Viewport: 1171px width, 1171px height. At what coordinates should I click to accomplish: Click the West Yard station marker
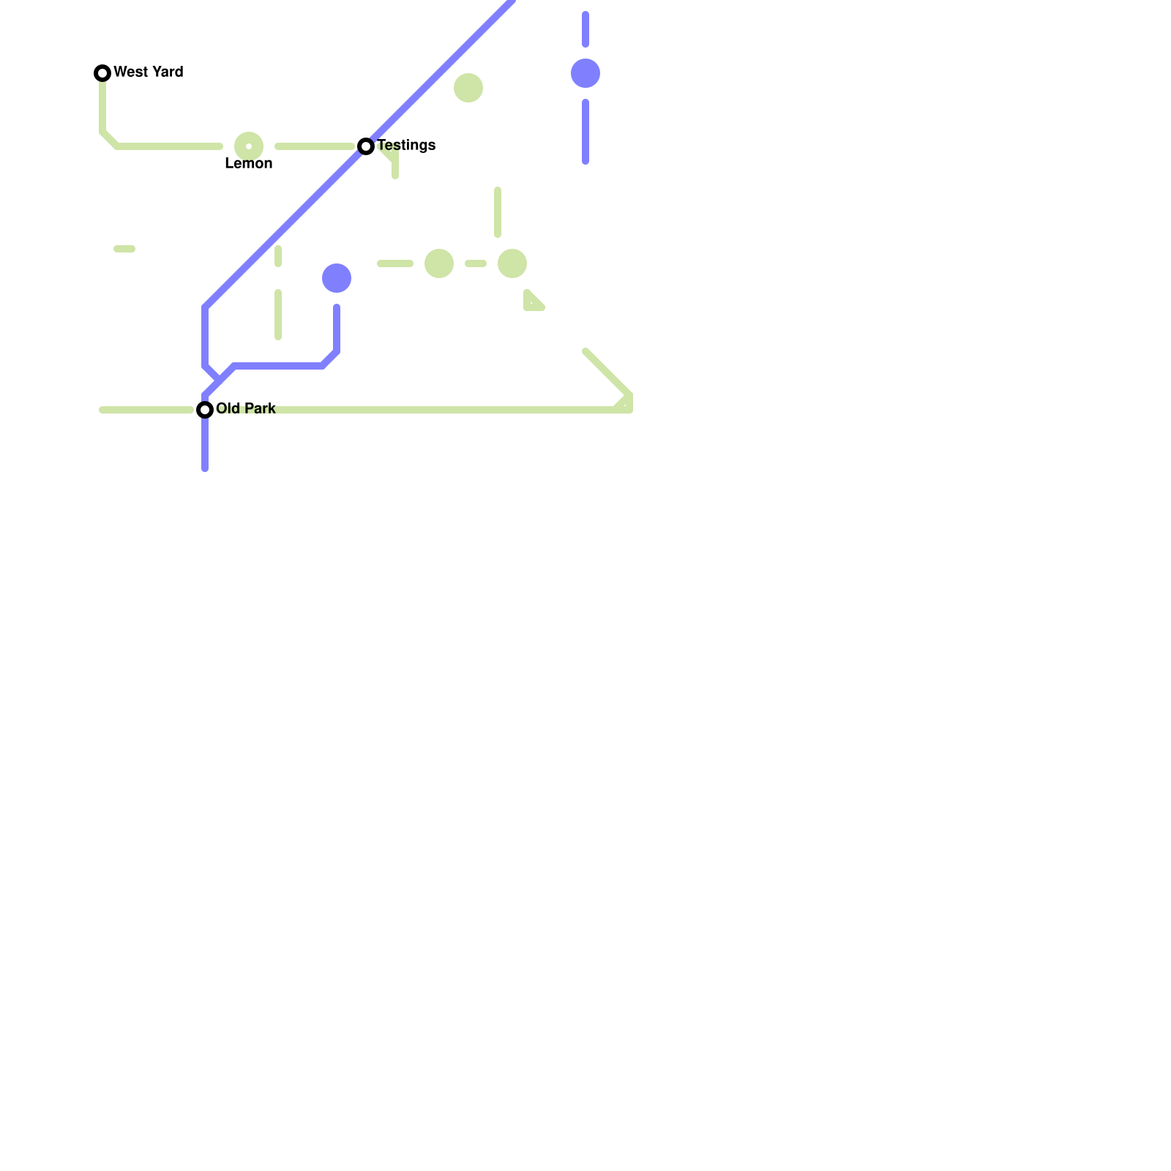[102, 73]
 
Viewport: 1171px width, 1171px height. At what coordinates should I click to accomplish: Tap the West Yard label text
[149, 72]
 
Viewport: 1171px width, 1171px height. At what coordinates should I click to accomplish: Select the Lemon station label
[248, 164]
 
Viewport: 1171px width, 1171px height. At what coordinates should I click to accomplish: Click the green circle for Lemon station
[249, 146]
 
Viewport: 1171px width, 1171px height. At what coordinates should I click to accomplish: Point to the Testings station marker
[366, 146]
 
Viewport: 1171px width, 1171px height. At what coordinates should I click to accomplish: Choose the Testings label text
[406, 145]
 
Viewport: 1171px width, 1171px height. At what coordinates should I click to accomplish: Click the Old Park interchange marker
[205, 410]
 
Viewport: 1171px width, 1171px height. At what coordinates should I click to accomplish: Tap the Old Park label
[246, 408]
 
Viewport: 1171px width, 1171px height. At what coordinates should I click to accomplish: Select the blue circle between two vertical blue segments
[585, 73]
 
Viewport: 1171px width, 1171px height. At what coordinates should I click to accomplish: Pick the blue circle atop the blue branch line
[337, 278]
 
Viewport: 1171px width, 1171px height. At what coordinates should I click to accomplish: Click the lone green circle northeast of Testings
[468, 88]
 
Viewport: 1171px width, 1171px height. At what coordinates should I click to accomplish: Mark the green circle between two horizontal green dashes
[439, 263]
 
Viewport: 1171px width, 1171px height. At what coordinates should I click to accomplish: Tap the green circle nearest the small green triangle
[512, 263]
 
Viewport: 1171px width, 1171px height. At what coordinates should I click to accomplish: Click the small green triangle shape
[532, 302]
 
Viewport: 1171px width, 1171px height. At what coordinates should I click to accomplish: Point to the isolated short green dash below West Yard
[124, 249]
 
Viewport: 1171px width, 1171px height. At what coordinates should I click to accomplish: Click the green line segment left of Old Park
[146, 410]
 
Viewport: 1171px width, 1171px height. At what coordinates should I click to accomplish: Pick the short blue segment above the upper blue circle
[585, 29]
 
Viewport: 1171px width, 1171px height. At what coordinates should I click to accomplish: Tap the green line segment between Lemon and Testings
[315, 146]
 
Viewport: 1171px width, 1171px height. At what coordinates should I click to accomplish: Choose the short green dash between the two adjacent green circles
[476, 263]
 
